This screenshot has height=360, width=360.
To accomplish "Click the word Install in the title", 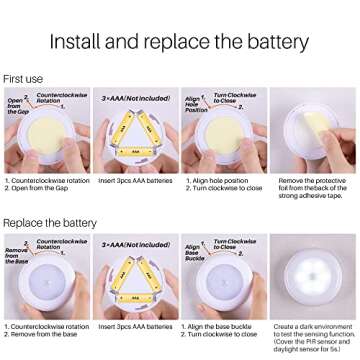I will (83, 42).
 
